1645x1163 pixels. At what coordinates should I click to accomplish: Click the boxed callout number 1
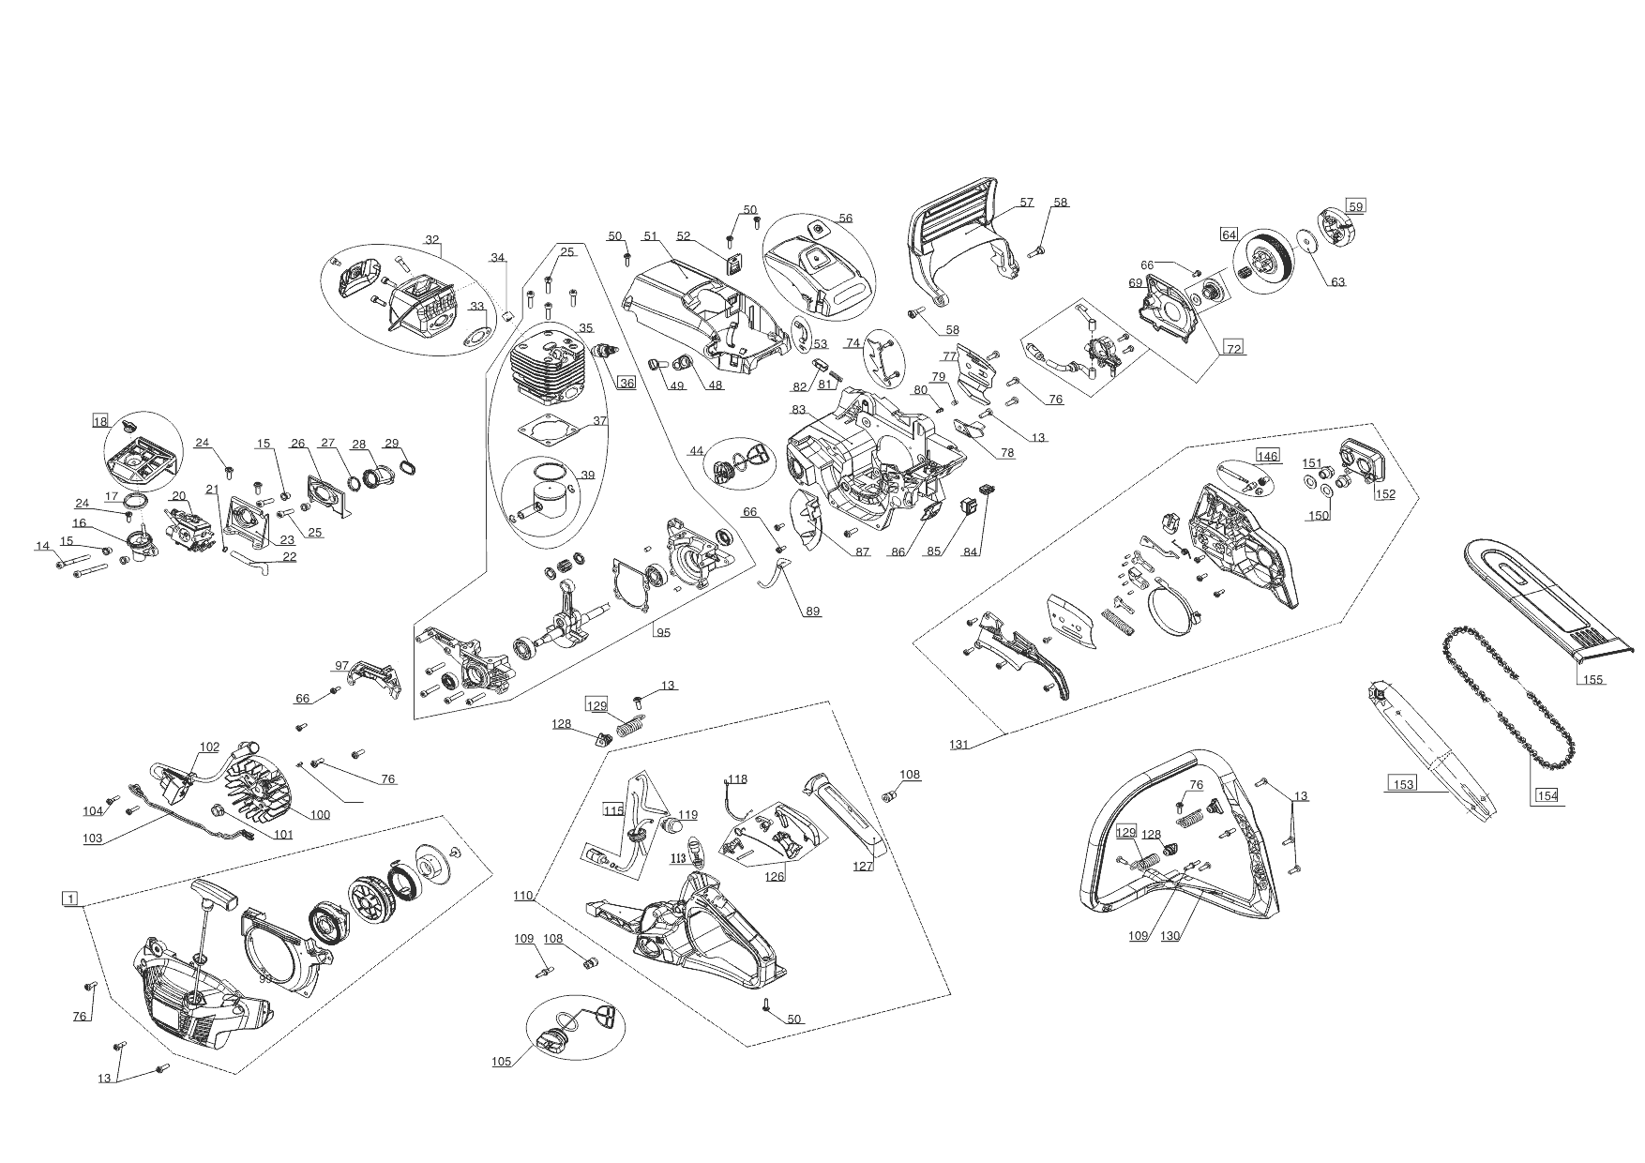[69, 899]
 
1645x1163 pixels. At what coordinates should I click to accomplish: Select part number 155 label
[1593, 680]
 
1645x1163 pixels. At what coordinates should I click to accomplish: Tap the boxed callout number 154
[1547, 795]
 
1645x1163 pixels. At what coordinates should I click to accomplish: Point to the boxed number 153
[1404, 784]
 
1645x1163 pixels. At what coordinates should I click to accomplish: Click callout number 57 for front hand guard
[1026, 203]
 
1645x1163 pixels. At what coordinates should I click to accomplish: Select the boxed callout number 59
[1355, 206]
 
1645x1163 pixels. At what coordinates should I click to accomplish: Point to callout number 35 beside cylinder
[586, 328]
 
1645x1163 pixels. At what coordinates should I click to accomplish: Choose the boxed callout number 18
[100, 421]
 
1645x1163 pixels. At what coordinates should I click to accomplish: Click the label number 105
[501, 1062]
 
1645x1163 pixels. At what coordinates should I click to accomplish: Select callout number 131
[958, 745]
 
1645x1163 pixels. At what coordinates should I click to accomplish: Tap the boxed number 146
[1268, 456]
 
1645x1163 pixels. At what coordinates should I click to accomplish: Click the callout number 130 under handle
[1170, 936]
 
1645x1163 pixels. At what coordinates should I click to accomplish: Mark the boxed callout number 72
[1234, 349]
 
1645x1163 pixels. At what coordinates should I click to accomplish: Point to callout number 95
[663, 632]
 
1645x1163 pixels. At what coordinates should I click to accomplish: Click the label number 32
[432, 240]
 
